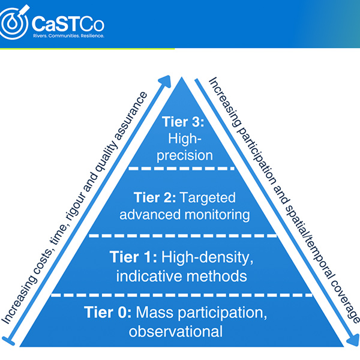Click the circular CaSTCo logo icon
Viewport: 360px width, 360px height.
tap(14, 23)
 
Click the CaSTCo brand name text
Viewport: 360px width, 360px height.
tap(68, 23)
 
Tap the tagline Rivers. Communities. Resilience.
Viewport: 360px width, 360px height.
tap(68, 36)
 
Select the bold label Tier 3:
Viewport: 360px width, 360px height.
tap(183, 121)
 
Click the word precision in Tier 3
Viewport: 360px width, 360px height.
tap(185, 156)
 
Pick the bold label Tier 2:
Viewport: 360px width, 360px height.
tap(155, 197)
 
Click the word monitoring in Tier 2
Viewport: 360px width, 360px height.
tap(217, 215)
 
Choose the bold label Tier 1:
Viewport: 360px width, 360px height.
tap(133, 257)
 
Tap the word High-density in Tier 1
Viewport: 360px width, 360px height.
tap(208, 258)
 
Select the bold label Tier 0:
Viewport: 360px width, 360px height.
tap(108, 312)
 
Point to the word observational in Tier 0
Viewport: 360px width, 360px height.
tap(176, 331)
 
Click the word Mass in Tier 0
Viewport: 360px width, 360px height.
tap(155, 313)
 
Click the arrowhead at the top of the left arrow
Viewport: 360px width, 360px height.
tap(165, 82)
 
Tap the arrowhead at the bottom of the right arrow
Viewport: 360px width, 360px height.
tap(353, 340)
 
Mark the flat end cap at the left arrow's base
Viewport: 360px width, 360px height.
tap(8, 341)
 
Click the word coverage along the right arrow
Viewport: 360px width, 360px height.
tap(345, 301)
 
